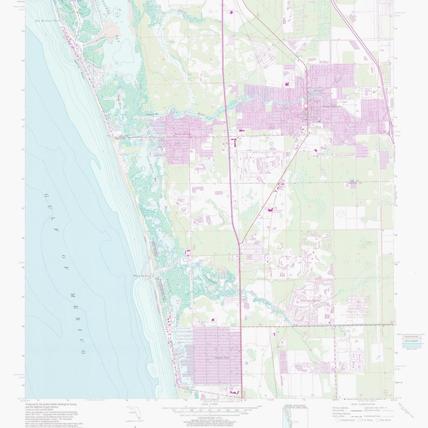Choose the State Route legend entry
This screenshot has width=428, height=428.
(x=386, y=421)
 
